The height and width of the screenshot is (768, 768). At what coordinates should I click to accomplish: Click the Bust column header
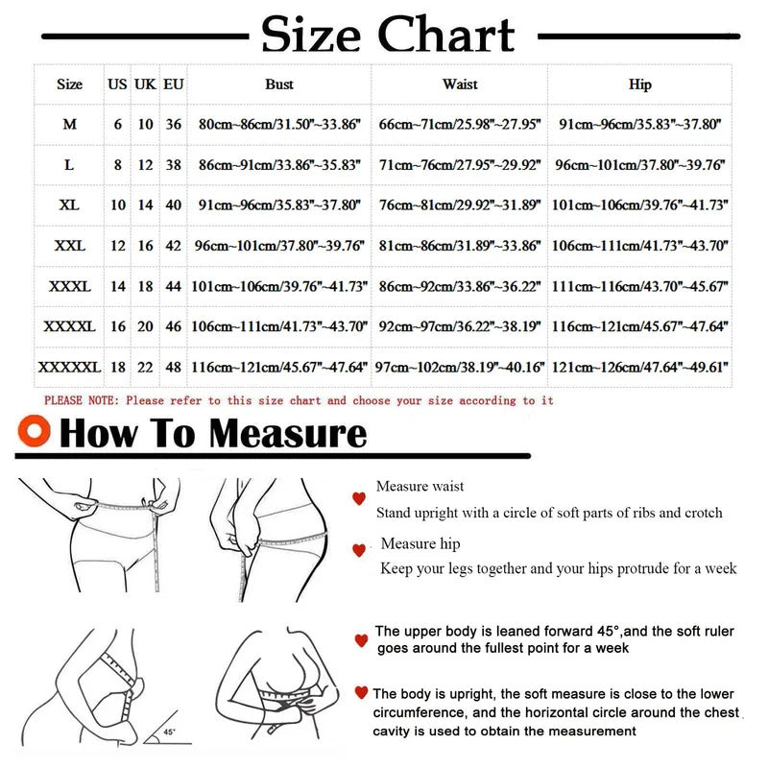[279, 84]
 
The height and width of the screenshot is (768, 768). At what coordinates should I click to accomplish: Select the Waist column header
[460, 84]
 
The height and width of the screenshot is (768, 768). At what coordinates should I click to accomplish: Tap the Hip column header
[639, 84]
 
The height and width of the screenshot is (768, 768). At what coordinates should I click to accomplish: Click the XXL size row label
[69, 246]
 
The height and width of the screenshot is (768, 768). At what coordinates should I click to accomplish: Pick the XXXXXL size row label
[69, 367]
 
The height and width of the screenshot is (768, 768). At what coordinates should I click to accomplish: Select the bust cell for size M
[279, 125]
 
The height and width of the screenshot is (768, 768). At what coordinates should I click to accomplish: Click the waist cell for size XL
[460, 204]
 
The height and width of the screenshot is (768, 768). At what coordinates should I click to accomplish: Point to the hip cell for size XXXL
[639, 286]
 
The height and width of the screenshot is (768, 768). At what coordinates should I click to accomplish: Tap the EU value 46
[174, 326]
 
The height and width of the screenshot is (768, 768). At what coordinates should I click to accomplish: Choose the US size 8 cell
[117, 164]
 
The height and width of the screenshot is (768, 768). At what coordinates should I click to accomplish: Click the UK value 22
[145, 367]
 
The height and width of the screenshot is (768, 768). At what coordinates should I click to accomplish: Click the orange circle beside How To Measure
[34, 431]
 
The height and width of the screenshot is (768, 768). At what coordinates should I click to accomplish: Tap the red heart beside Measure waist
[359, 498]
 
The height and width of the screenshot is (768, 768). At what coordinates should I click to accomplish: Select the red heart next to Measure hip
[359, 550]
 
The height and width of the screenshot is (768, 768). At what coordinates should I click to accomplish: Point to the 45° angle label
[169, 732]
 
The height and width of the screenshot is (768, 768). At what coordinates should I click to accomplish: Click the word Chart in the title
[445, 35]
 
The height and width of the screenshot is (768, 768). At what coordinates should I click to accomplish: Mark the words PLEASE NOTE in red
[82, 400]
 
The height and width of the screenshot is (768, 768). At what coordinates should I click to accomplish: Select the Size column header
[69, 84]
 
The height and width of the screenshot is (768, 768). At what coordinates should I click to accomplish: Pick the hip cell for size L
[639, 164]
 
